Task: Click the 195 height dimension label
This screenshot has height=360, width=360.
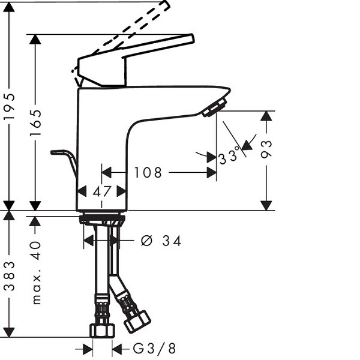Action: (x=10, y=106)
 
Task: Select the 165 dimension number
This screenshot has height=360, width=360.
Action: (x=35, y=123)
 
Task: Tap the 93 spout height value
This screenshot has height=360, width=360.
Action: (x=266, y=149)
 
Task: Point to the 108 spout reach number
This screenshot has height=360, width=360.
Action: (x=148, y=173)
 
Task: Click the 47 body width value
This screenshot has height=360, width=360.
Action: (x=102, y=191)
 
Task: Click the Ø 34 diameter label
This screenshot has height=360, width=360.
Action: (x=161, y=241)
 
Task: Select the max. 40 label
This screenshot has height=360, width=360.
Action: (x=36, y=272)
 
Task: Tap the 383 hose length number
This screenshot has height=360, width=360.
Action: (x=10, y=276)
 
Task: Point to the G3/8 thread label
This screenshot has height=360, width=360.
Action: (x=154, y=348)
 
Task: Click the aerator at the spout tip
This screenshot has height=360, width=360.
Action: (x=214, y=107)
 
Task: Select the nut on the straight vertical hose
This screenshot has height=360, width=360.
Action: (x=102, y=331)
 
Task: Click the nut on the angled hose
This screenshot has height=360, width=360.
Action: (x=137, y=322)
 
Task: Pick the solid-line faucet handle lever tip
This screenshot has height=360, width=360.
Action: (x=191, y=38)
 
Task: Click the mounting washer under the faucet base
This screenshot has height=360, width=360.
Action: (x=102, y=219)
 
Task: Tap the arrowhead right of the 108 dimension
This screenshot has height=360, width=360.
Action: (x=212, y=173)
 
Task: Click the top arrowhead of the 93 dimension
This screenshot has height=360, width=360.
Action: (x=266, y=116)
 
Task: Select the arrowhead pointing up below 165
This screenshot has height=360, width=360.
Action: (x=35, y=221)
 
